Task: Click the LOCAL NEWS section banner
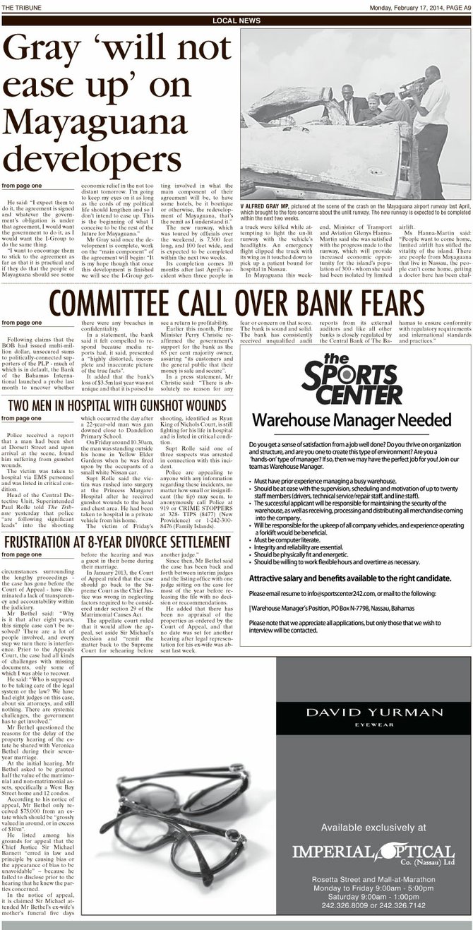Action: click(236, 21)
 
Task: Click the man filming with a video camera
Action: click(430, 113)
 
